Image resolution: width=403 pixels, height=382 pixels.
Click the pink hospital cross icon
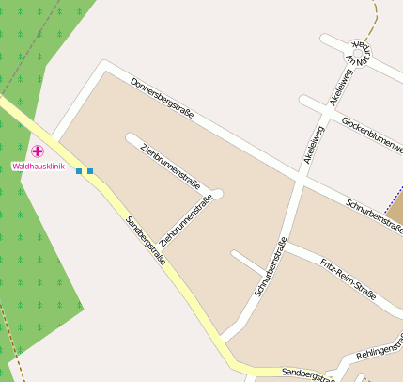(x=38, y=151)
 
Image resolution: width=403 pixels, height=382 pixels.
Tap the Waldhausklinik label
(x=38, y=167)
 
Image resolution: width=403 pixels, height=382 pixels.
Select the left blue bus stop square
(x=79, y=171)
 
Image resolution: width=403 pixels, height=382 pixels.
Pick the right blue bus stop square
(x=90, y=171)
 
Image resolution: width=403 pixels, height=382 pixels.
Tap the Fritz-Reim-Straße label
(x=348, y=278)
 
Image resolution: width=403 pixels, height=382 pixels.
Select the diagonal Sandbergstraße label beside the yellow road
(x=146, y=239)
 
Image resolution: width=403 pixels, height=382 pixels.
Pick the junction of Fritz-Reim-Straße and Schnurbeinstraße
(x=286, y=247)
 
